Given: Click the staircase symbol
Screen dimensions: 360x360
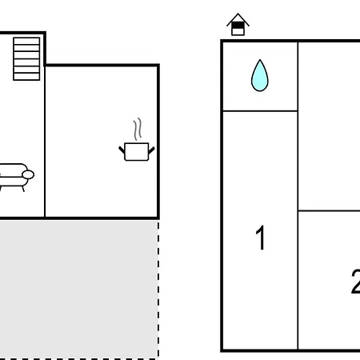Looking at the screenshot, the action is click(26, 59).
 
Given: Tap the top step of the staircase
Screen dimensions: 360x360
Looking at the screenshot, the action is click(26, 41).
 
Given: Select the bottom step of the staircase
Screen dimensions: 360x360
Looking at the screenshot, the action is click(26, 77).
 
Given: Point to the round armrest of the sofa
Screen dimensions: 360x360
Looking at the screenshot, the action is click(28, 174).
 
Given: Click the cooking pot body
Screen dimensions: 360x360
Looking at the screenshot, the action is click(137, 152).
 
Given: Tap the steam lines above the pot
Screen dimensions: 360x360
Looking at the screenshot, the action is click(138, 130).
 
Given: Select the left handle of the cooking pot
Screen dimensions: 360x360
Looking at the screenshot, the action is click(122, 150).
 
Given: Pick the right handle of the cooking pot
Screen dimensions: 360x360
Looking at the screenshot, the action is click(151, 150).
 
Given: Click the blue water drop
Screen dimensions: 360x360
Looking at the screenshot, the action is click(260, 77).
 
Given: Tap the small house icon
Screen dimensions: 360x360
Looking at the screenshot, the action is click(238, 24).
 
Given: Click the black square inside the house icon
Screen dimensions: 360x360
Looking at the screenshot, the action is click(238, 26).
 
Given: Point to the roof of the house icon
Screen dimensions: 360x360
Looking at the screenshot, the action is click(238, 19).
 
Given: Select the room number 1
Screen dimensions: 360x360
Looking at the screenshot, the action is click(260, 238).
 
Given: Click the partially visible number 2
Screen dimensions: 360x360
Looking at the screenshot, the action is click(355, 281).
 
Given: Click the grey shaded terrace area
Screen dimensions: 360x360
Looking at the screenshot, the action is click(78, 290).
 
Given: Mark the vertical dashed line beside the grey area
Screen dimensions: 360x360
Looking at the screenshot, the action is click(158, 289).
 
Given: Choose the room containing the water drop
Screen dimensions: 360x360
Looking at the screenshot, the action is click(260, 76).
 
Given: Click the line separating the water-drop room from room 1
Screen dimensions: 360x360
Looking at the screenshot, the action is click(260, 110).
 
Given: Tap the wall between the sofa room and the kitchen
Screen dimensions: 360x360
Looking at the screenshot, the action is click(45, 142).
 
